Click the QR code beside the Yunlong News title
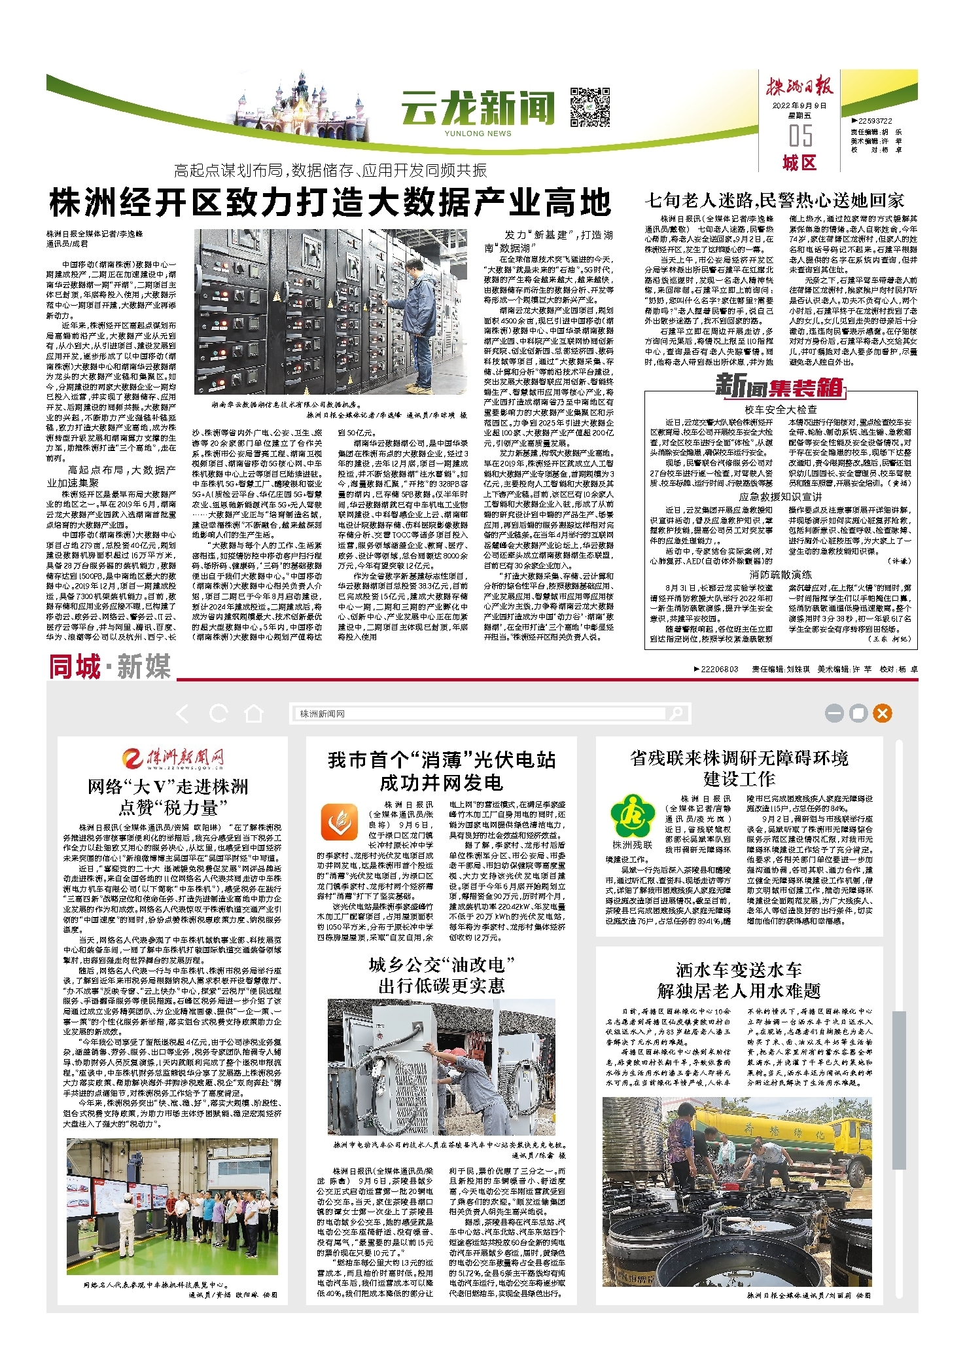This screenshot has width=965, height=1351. point(590,106)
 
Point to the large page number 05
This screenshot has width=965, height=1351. point(800,135)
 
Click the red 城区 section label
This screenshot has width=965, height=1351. point(799,163)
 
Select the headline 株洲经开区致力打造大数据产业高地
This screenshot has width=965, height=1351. point(330,202)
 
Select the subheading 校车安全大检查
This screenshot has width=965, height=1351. point(780,410)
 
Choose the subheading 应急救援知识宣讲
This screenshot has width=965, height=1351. point(780,497)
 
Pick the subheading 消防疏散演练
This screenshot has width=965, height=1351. point(780,574)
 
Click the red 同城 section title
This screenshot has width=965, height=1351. point(75,667)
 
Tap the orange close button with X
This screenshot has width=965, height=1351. point(882,713)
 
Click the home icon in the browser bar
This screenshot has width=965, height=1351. point(253,713)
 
